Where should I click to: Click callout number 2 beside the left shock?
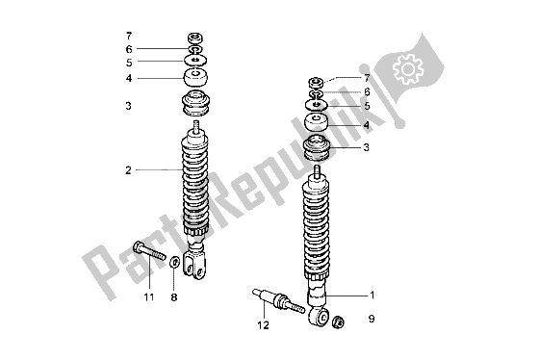pos(127,170)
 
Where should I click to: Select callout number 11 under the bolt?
pos(149,298)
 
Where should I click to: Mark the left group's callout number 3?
pos(128,108)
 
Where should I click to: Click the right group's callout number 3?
pos(366,147)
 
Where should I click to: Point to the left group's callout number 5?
pos(128,63)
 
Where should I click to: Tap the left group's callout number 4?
pos(128,78)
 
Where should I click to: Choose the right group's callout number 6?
pos(367,90)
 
